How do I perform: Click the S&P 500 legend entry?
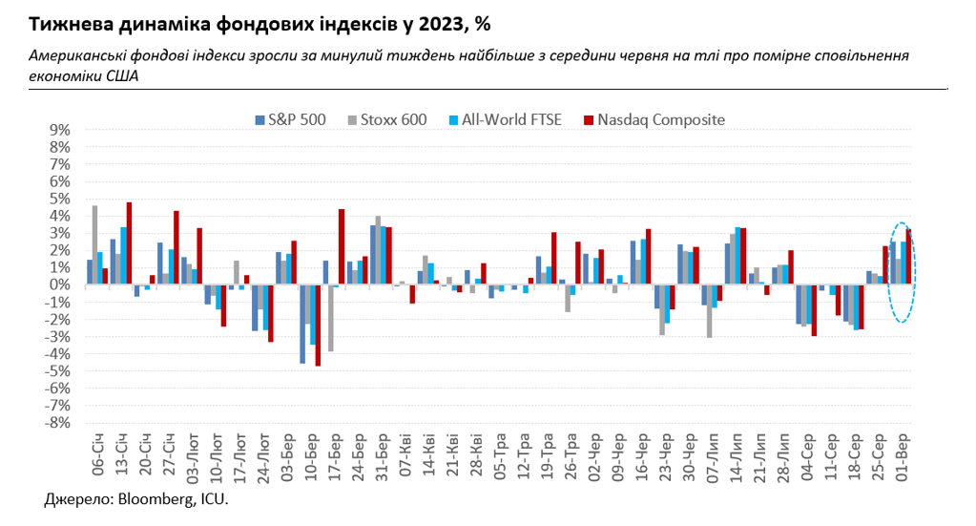tap(297, 120)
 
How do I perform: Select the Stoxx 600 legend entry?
tap(400, 120)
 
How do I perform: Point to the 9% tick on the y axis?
tap(59, 129)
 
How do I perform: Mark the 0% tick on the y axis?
tap(59, 284)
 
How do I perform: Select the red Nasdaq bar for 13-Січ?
tap(129, 242)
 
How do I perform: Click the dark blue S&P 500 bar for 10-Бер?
tap(302, 324)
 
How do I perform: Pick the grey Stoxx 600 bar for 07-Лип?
tap(709, 311)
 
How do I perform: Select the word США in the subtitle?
tap(120, 77)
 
